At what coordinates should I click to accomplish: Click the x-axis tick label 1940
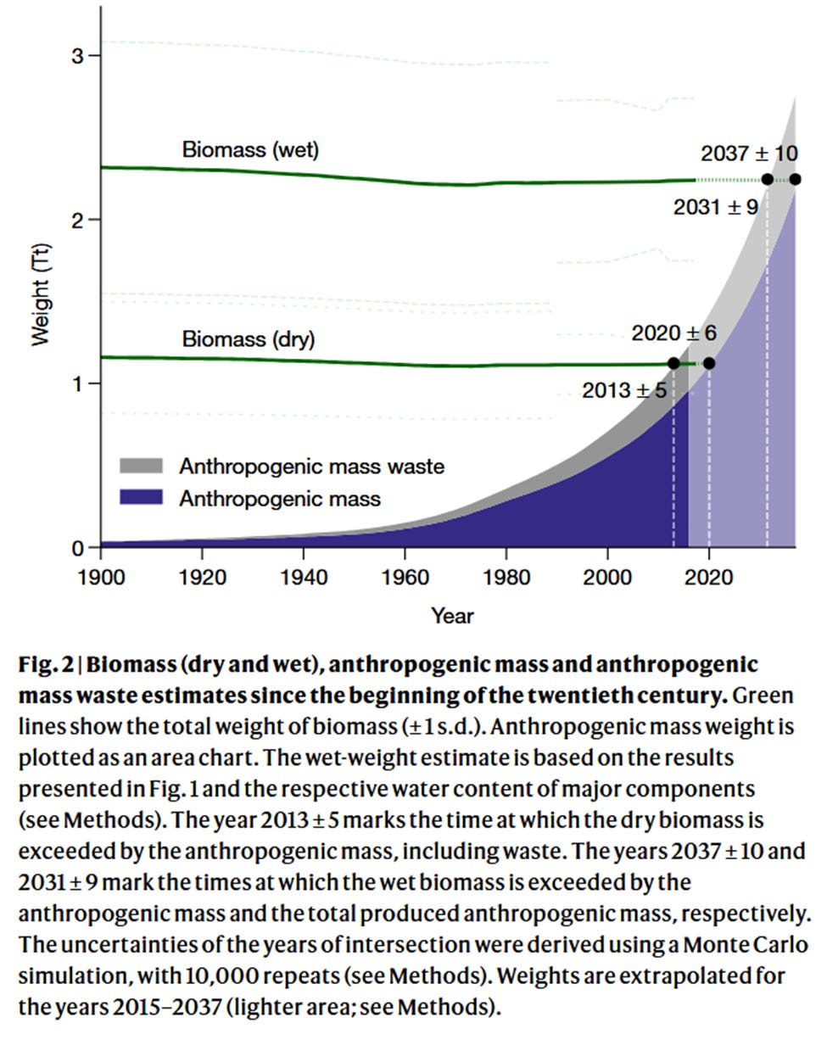tap(304, 578)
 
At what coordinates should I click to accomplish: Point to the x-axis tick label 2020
tap(709, 578)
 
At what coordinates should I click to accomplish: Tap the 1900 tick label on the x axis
tap(101, 578)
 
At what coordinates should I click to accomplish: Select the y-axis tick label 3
tap(78, 56)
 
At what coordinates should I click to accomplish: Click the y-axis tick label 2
tap(78, 220)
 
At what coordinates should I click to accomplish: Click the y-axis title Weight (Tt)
tap(40, 295)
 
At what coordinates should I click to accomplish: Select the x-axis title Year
tap(452, 616)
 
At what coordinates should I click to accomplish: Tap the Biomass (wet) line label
tap(250, 150)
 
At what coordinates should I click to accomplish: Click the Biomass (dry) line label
tap(248, 339)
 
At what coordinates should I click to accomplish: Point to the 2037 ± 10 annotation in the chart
tap(749, 154)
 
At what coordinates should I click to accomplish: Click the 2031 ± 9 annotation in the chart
tap(715, 207)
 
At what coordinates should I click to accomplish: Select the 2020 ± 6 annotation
tap(673, 333)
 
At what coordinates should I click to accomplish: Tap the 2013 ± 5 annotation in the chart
tap(624, 390)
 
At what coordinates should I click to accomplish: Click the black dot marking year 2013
tap(673, 363)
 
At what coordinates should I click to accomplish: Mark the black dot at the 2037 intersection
tap(795, 179)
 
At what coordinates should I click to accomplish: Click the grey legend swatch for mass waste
tap(141, 466)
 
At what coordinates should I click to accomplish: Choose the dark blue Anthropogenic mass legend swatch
tap(141, 498)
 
